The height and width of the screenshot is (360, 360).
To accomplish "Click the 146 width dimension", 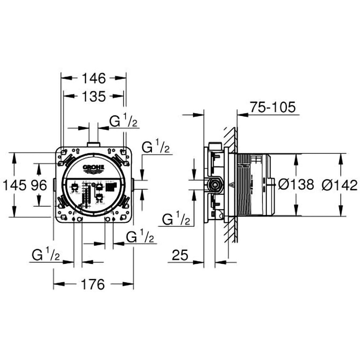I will pyautogui.click(x=94, y=78).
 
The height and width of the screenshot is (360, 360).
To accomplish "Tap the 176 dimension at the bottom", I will pyautogui.click(x=93, y=284).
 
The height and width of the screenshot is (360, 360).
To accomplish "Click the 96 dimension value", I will pyautogui.click(x=39, y=185).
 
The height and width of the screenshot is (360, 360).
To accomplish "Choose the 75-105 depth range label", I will pyautogui.click(x=273, y=107).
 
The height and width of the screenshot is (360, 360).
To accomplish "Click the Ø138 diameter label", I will pyautogui.click(x=296, y=185).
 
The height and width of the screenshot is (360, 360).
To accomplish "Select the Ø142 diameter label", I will pyautogui.click(x=340, y=185).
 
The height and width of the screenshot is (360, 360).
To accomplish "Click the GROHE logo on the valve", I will pyautogui.click(x=94, y=168).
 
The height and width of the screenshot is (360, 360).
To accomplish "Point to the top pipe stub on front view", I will pyautogui.click(x=94, y=144).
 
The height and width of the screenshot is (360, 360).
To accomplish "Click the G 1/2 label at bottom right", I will pyautogui.click(x=140, y=237).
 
